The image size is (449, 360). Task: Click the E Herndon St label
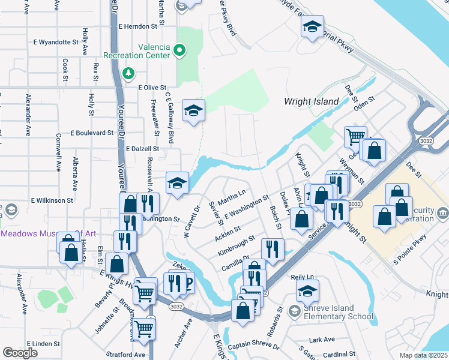(141, 26)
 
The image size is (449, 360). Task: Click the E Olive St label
(151, 88)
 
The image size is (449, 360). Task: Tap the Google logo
(20, 353)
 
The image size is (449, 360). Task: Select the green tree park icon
(127, 73)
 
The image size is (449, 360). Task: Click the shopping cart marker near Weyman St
(355, 136)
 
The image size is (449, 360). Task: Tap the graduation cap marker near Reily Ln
(307, 291)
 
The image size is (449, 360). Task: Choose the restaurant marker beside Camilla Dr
(273, 249)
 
